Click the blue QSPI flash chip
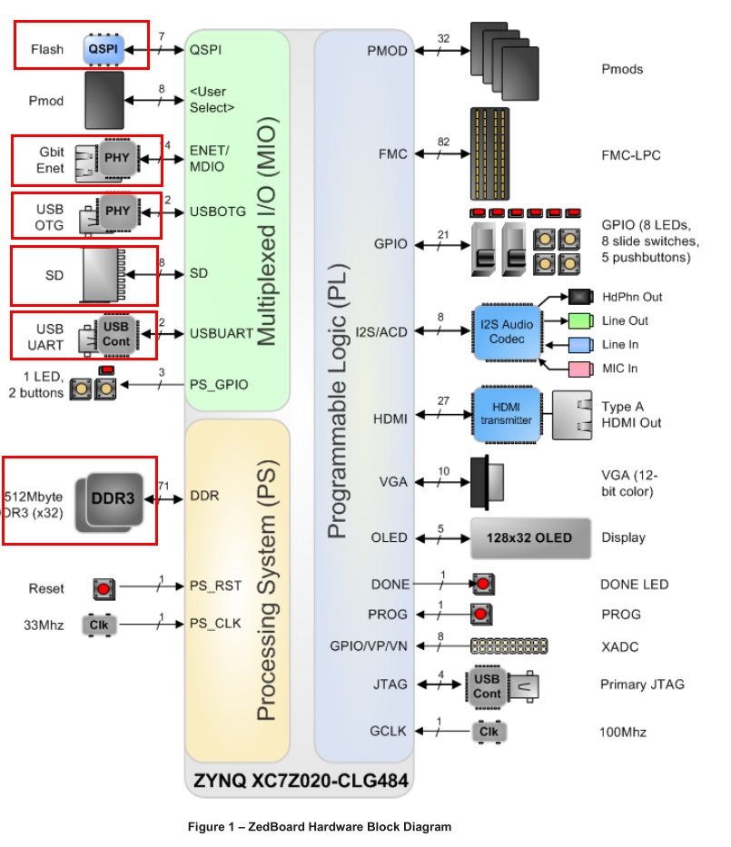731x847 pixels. [103, 48]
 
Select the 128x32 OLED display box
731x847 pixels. [530, 537]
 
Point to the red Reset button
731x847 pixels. [104, 589]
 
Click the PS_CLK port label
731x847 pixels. [215, 623]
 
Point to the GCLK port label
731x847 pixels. [390, 730]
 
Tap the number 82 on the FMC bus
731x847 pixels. [442, 142]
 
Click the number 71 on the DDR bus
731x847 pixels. [164, 487]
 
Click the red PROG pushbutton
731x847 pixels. [480, 615]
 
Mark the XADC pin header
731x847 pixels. [509, 646]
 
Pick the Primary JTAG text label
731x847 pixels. [642, 684]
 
